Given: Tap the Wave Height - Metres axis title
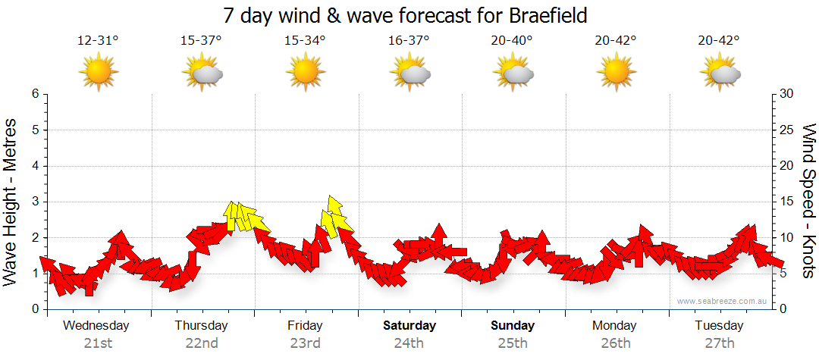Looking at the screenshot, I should [x=11, y=201].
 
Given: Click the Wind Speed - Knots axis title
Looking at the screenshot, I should [x=808, y=201].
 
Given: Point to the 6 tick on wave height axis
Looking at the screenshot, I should [x=33, y=94].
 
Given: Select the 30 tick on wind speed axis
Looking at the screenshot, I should [x=788, y=94].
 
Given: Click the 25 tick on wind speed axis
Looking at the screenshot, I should [x=788, y=130].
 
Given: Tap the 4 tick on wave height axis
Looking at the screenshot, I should [x=33, y=166].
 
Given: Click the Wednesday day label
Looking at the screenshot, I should [x=96, y=326].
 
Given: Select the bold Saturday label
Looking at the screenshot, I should [x=409, y=326].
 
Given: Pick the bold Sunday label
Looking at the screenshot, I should [x=513, y=326].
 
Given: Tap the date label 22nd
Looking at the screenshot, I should [x=202, y=343].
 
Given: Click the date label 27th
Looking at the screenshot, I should [x=719, y=343].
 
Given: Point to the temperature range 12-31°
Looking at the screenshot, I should [x=99, y=41].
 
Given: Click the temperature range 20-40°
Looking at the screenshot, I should [x=512, y=41].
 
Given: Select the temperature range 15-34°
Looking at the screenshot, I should [x=305, y=41].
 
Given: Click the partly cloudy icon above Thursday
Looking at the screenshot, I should [x=202, y=73].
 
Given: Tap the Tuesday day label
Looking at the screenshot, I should [x=719, y=326].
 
